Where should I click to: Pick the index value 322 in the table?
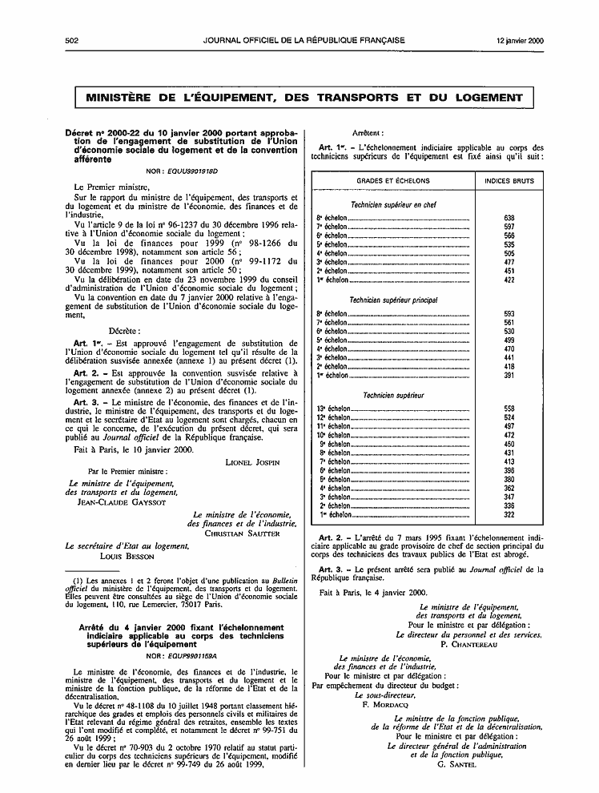[x=509, y=515]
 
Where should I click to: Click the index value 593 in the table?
[x=509, y=313]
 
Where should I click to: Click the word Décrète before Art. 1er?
[x=124, y=330]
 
